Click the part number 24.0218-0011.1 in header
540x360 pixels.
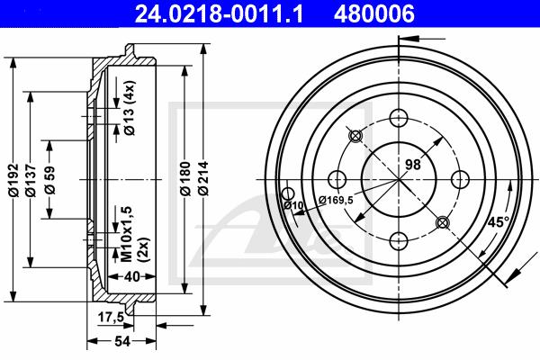point(219,13)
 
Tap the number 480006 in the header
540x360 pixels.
point(374,13)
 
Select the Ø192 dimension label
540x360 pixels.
point(13,180)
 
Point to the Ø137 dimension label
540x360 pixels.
point(31,180)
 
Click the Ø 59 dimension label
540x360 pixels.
point(49,180)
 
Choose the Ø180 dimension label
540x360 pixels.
point(185,178)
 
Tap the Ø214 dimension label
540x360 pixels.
point(203,178)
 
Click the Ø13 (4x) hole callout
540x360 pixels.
point(130,108)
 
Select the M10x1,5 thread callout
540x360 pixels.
point(127,234)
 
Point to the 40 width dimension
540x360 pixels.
point(132,276)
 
